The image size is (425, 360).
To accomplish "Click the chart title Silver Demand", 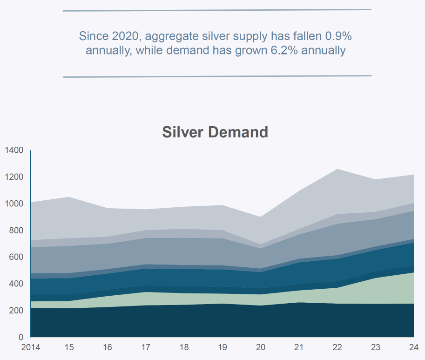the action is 215,132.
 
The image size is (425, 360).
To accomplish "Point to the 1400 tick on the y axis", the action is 14,150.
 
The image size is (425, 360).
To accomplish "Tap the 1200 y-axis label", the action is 14,177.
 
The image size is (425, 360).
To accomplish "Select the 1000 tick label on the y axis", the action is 14,204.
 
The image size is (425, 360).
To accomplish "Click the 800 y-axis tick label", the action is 16,230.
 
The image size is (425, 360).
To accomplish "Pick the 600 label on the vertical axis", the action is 16,257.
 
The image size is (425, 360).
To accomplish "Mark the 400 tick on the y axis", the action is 16,284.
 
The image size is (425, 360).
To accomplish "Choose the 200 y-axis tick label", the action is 16,310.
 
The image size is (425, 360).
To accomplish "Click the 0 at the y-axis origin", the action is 21,337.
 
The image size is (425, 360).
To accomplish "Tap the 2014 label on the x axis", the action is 31,347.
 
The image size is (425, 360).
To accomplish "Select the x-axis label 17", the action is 146,347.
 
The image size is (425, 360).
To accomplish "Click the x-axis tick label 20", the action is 261,347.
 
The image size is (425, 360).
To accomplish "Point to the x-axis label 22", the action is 337,347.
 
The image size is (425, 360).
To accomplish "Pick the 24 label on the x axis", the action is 414,347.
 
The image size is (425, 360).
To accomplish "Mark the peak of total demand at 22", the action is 337,169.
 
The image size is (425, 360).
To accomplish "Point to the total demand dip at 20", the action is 261,217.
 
